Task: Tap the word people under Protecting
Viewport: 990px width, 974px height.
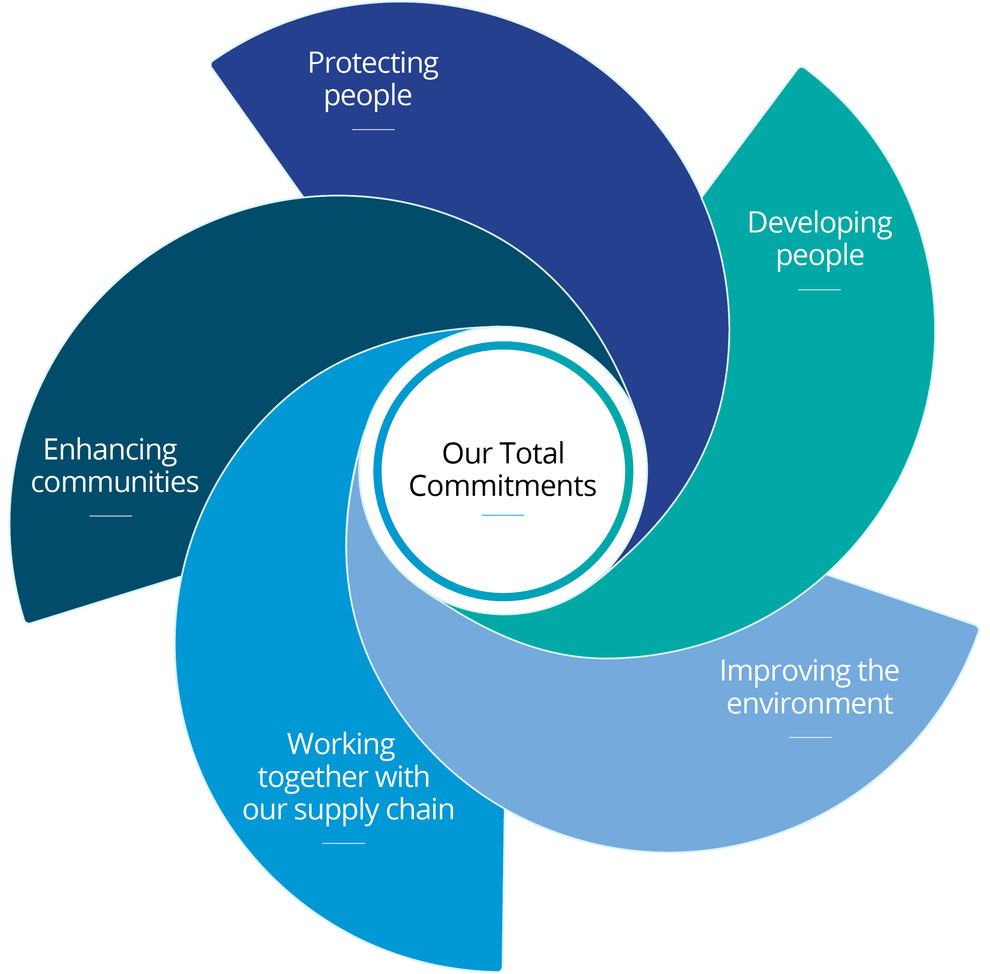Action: tap(368, 95)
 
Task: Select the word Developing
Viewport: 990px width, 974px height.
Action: tap(820, 223)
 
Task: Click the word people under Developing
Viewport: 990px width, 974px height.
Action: tap(820, 255)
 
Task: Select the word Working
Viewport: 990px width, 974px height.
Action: tap(341, 744)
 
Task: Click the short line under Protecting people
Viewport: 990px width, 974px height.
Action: tap(374, 129)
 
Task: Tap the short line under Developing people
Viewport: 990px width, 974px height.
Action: tap(819, 290)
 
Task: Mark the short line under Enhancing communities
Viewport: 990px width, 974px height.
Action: tap(111, 516)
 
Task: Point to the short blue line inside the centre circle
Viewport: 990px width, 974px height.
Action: tap(503, 515)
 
